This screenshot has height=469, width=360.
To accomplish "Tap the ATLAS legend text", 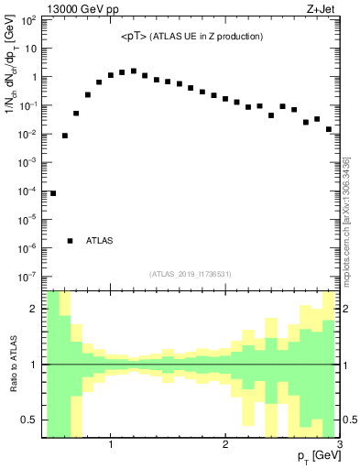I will (x=100, y=241).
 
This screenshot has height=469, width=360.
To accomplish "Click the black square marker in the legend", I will (x=71, y=241).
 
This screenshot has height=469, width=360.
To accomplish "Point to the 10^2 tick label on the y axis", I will (x=27, y=20).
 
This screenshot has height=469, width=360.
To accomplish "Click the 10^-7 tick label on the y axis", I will (x=27, y=276).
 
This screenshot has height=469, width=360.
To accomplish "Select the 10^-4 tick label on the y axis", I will (x=27, y=191).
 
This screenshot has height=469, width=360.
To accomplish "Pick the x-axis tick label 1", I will (x=111, y=444).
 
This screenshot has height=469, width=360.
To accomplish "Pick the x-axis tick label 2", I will (x=225, y=444).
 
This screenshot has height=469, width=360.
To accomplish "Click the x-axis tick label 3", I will (x=339, y=444).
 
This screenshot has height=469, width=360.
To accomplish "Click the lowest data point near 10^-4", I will (x=53, y=193).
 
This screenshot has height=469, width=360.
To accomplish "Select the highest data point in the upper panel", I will (x=134, y=71).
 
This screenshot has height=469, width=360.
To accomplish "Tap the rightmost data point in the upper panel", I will (x=328, y=129).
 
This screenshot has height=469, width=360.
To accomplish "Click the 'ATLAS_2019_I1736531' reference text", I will (x=191, y=273).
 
